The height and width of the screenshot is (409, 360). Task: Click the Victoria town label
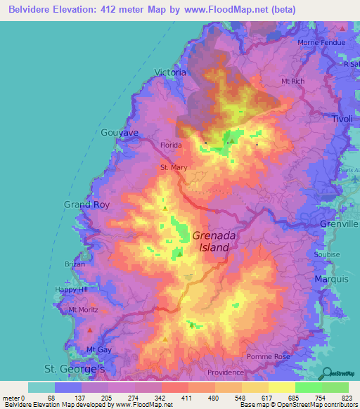pos(170,72)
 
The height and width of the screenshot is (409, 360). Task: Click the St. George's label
pos(75,368)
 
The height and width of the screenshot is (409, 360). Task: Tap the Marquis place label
pos(332,279)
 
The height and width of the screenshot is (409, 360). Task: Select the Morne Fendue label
pos(321,42)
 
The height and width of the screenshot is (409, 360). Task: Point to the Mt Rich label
pos(292,82)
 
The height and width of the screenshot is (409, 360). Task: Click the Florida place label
pos(171,145)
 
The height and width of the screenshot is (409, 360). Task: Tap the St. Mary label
pos(174,167)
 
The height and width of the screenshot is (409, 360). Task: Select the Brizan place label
pos(75,264)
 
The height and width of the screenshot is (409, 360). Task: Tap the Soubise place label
pos(328,254)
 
